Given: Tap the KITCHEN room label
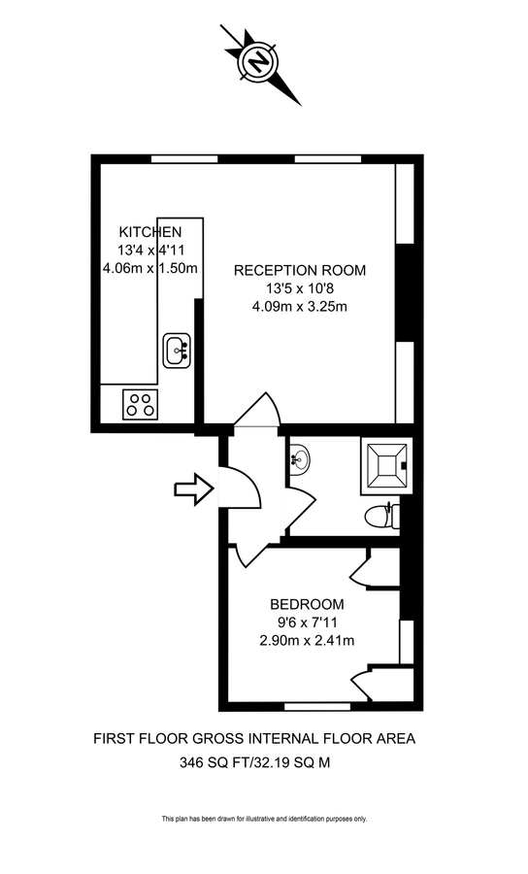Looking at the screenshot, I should click(x=149, y=232).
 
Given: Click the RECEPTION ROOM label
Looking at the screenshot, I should click(x=300, y=270).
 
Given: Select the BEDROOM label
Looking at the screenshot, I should click(x=306, y=602).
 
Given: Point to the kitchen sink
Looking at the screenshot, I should click(x=178, y=350).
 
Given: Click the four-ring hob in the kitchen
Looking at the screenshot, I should click(x=141, y=403).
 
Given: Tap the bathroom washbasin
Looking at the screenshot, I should click(x=300, y=457).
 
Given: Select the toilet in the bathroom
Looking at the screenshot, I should click(x=380, y=516).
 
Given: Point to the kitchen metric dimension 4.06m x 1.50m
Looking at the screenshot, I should click(x=150, y=268).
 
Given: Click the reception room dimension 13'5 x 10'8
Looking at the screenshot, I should click(x=299, y=288).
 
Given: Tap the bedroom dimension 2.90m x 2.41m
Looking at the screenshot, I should click(x=306, y=640).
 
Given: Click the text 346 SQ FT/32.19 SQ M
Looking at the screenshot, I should click(x=254, y=762).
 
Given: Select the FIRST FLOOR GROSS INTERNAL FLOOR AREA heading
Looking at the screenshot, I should click(x=254, y=739).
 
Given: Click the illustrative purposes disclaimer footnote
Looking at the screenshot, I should click(x=264, y=820).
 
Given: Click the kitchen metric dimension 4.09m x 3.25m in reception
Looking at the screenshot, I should click(x=299, y=307).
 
